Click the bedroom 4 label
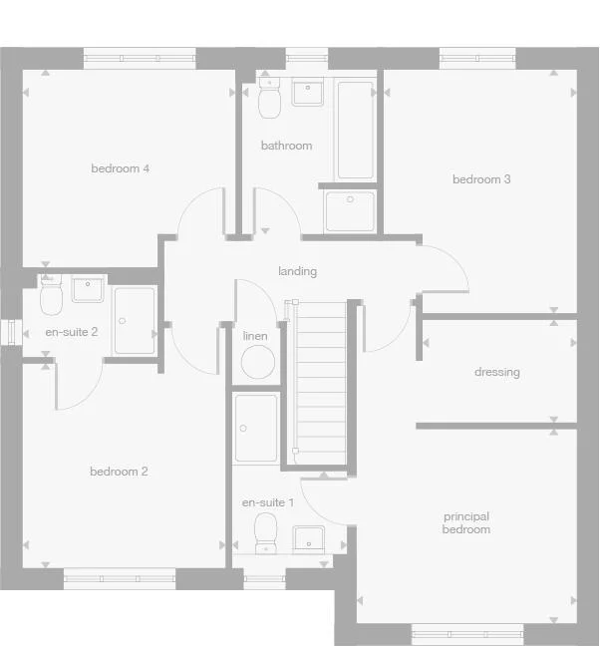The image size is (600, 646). click(120, 168)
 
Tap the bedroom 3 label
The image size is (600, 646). click(481, 179)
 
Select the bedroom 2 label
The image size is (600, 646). click(119, 472)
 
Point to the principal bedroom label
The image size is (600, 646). click(466, 522)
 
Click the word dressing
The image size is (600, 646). click(496, 372)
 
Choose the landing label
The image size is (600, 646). click(297, 271)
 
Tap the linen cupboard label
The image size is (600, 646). click(255, 336)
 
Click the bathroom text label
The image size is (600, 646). click(286, 146)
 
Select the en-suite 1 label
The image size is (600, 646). click(267, 502)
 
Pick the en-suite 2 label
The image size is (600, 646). click(72, 332)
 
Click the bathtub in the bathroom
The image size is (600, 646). click(356, 130)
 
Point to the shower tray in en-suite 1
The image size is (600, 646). click(256, 429)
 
